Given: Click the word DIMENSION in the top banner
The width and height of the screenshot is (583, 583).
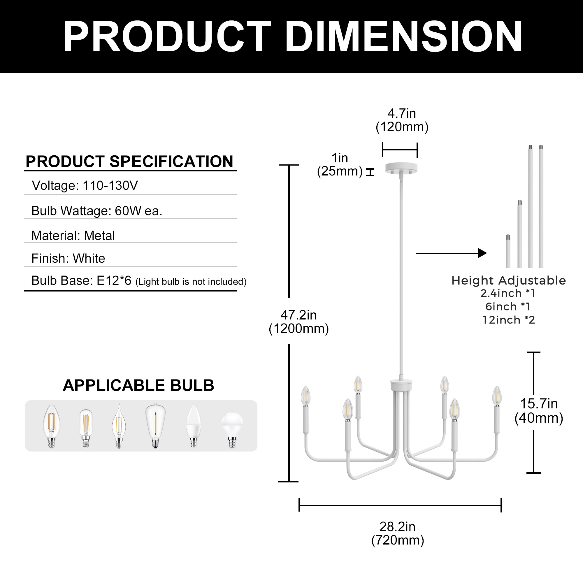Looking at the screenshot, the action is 404,37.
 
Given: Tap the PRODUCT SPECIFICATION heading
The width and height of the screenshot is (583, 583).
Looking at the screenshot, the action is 129,161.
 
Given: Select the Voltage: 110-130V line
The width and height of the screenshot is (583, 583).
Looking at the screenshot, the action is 85,185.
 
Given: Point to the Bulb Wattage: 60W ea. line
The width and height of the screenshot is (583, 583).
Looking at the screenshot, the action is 97,211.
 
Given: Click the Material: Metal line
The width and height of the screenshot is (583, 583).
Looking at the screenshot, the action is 73,235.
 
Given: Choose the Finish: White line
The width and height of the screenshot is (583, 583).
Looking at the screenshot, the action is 68,258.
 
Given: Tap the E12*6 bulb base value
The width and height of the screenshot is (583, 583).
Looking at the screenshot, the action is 114,281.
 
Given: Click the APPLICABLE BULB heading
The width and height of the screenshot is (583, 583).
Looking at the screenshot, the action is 138,385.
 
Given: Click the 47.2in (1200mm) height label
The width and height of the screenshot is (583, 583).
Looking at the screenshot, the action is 299,322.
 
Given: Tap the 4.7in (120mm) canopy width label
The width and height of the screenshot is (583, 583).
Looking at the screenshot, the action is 402,120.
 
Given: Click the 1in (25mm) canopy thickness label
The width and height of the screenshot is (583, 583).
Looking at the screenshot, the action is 340,164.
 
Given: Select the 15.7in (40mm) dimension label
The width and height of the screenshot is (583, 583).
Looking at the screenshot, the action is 539,411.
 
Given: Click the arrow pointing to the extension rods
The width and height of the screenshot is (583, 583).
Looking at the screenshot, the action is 451,253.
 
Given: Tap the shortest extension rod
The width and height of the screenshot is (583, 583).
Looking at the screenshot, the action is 508,251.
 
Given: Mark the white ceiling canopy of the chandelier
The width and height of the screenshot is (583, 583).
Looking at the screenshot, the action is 401,168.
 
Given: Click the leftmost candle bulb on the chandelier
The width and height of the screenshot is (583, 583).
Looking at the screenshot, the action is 306,396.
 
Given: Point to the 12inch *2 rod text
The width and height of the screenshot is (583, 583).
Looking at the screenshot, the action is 508,320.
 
